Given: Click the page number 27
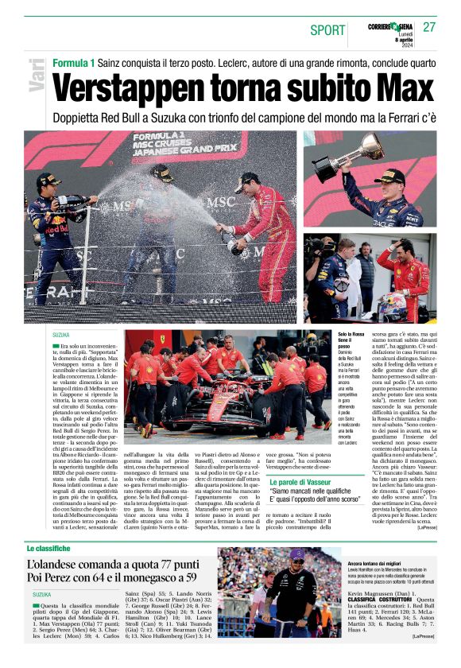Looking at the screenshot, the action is [x=430, y=27].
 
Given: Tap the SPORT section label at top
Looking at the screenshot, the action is [x=327, y=30].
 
